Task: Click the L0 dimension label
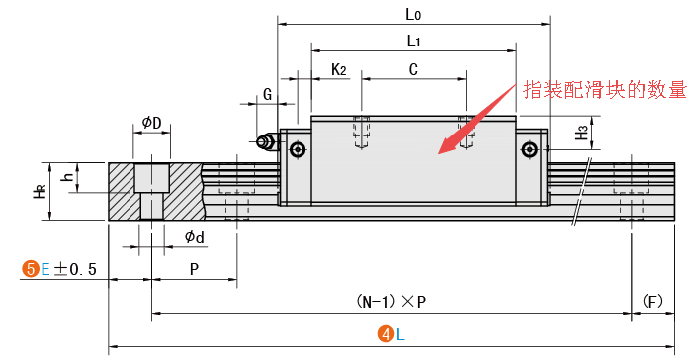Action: click(x=413, y=15)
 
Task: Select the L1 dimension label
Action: click(x=413, y=42)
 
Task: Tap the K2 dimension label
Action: click(x=338, y=69)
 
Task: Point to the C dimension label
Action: click(x=413, y=69)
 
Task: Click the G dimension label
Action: click(x=268, y=94)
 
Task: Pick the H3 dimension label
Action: click(x=582, y=133)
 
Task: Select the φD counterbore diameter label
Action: click(x=151, y=122)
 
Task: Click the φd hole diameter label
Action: click(x=195, y=237)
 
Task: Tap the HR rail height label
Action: click(x=41, y=191)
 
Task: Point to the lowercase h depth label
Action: click(x=67, y=177)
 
